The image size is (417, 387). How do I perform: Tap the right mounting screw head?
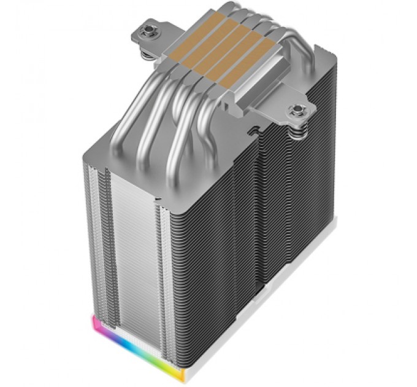click(x=298, y=111)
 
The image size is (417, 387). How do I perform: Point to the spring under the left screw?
click(x=148, y=53)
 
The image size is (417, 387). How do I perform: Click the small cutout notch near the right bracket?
click(x=252, y=130)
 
